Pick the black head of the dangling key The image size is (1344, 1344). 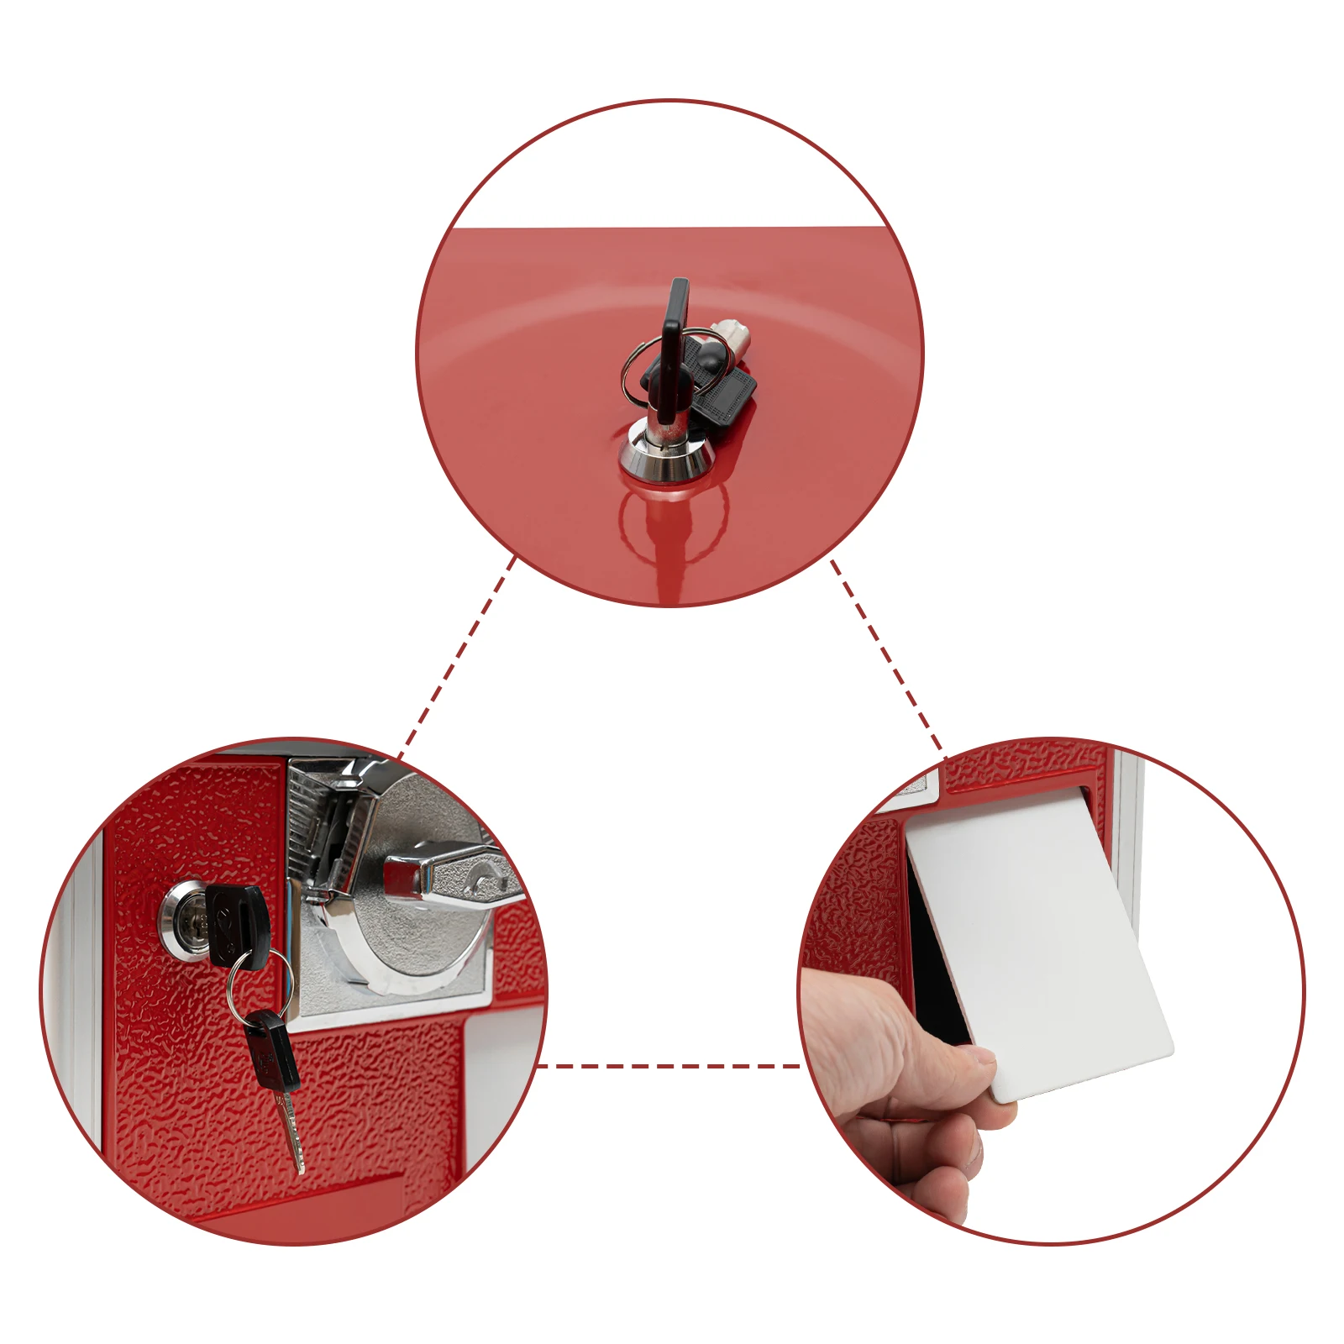(x=274, y=1050)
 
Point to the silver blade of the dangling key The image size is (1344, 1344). (x=291, y=1130)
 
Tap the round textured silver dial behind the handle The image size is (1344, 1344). (x=420, y=924)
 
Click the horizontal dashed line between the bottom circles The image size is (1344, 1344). (x=668, y=1066)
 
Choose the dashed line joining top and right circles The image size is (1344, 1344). (x=886, y=655)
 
